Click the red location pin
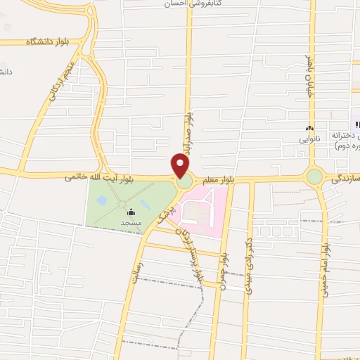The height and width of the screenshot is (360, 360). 181,166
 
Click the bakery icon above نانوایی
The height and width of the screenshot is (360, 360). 309,128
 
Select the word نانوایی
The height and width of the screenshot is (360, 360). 309,139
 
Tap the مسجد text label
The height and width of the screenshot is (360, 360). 131,221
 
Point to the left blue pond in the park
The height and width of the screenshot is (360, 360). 103,201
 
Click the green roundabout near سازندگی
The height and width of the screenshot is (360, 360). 314,176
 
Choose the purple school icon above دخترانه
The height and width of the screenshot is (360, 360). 356,124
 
